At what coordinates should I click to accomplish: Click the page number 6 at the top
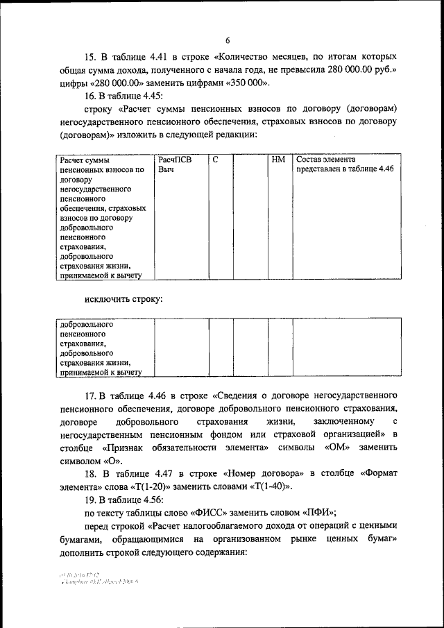click(227, 40)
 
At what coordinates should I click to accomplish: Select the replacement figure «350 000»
click(245, 83)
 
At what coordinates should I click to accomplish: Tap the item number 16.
click(91, 96)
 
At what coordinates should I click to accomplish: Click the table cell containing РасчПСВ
click(174, 160)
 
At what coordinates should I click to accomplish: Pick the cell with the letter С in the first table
click(216, 160)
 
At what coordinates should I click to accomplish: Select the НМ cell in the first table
click(278, 160)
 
